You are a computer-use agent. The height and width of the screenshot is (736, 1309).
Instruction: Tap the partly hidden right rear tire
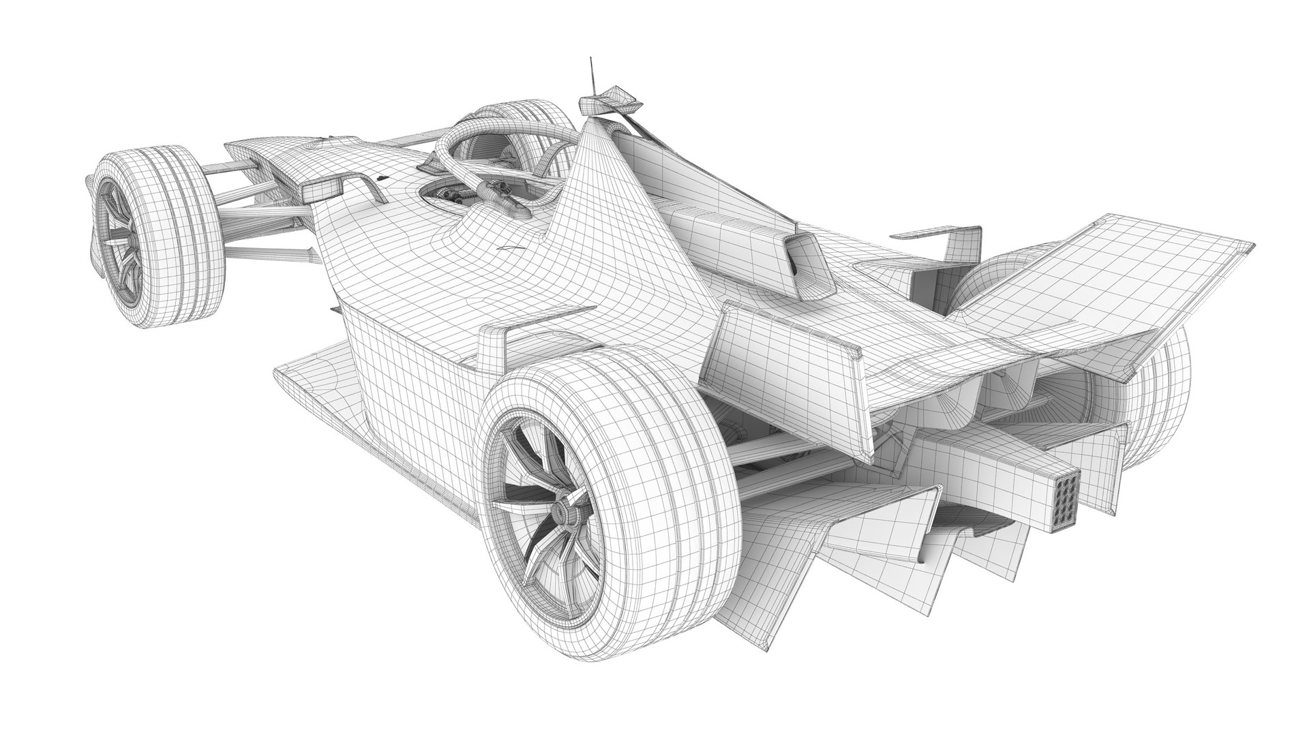pos(1159,395)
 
